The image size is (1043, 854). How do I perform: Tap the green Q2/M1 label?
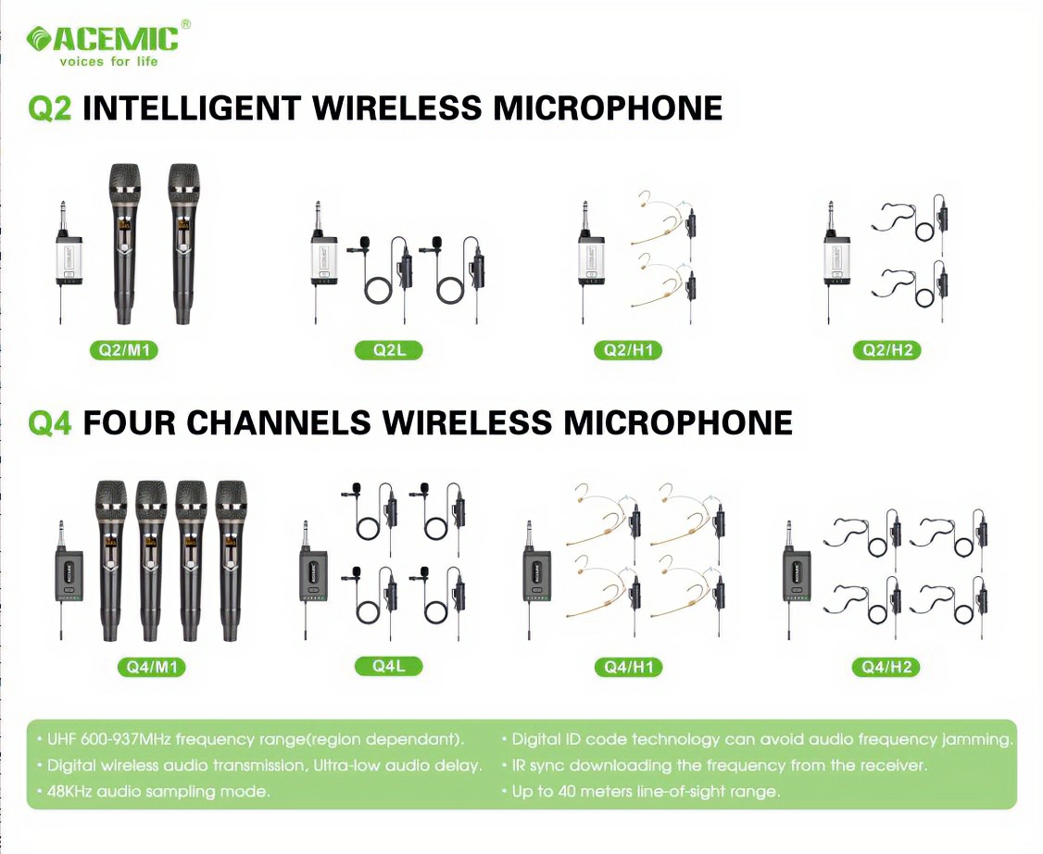pyautogui.click(x=124, y=351)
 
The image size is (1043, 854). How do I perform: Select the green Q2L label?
pyautogui.click(x=388, y=350)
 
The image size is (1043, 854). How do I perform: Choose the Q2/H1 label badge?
pyautogui.click(x=628, y=350)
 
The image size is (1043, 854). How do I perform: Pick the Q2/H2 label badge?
pyautogui.click(x=886, y=350)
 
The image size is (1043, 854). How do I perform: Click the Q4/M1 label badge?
pyautogui.click(x=151, y=667)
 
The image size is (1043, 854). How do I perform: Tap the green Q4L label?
pyautogui.click(x=388, y=665)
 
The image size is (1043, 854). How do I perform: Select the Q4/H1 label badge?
pyautogui.click(x=628, y=667)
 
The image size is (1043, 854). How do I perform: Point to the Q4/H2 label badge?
pyautogui.click(x=886, y=667)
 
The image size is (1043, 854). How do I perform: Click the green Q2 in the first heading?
pyautogui.click(x=50, y=108)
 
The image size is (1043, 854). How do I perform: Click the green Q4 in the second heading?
pyautogui.click(x=50, y=423)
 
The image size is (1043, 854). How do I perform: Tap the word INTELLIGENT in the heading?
pyautogui.click(x=192, y=108)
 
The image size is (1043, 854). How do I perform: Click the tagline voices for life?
pyautogui.click(x=108, y=62)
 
